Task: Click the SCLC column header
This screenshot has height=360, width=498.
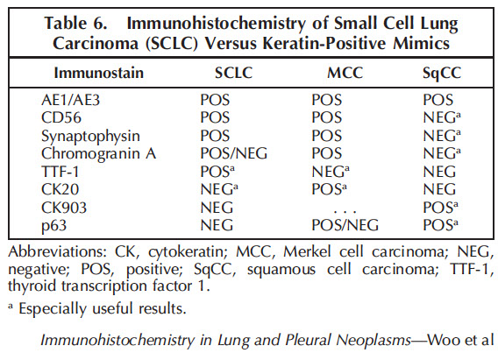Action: pyautogui.click(x=233, y=73)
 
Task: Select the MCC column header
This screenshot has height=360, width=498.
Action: pyautogui.click(x=345, y=73)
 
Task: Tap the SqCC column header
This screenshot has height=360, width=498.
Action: pyautogui.click(x=442, y=74)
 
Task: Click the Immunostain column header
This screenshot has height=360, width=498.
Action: pyautogui.click(x=99, y=73)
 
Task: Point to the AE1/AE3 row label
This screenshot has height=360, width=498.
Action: pyautogui.click(x=70, y=100)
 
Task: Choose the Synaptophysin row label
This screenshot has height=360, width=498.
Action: pyautogui.click(x=90, y=137)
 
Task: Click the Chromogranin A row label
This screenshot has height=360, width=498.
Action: pyautogui.click(x=99, y=153)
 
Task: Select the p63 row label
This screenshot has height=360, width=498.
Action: pyautogui.click(x=54, y=226)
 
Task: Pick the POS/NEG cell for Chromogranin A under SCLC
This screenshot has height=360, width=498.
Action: pyautogui.click(x=234, y=153)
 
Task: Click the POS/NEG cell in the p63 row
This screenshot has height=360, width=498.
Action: pyautogui.click(x=345, y=225)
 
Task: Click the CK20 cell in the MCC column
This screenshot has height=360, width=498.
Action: pyautogui.click(x=329, y=189)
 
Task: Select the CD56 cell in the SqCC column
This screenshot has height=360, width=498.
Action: pyautogui.click(x=442, y=117)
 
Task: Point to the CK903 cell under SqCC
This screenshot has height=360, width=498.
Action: pyautogui.click(x=440, y=208)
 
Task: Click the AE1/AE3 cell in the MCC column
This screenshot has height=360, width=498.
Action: pyautogui.click(x=327, y=100)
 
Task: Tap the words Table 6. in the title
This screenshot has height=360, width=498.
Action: pyautogui.click(x=75, y=23)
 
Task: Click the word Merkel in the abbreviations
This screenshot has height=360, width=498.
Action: pyautogui.click(x=307, y=252)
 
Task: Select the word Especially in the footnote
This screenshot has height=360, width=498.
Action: pyautogui.click(x=52, y=308)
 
